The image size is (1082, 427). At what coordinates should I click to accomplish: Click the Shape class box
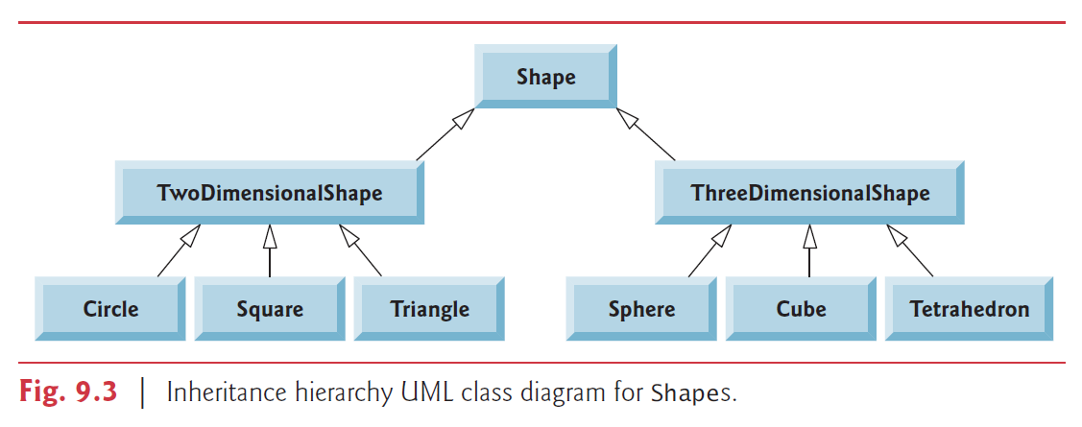[x=545, y=78]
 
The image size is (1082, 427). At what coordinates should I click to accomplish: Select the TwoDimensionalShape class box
[x=270, y=193]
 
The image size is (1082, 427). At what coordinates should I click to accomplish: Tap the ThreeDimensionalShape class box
[x=809, y=193]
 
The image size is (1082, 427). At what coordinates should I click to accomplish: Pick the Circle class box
[x=110, y=309]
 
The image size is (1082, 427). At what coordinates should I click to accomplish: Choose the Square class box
[x=270, y=309]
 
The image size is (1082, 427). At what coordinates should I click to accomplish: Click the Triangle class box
[x=429, y=309]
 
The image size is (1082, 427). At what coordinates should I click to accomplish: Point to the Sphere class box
[x=641, y=309]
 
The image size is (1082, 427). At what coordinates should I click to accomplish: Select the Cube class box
[x=801, y=309]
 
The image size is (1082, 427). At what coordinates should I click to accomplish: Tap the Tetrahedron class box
[x=969, y=309]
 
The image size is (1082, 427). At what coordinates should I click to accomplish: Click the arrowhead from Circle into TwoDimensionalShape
[x=193, y=233]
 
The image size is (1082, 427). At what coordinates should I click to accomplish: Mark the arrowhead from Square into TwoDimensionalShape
[x=270, y=235]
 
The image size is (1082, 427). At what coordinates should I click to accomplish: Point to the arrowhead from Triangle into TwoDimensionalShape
[x=347, y=233]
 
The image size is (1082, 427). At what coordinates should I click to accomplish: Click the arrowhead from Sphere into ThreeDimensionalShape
[x=724, y=233]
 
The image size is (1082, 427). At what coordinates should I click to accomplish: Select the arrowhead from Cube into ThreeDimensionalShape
[x=809, y=235]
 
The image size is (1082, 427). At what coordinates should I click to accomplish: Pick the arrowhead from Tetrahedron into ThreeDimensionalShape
[x=895, y=233]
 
